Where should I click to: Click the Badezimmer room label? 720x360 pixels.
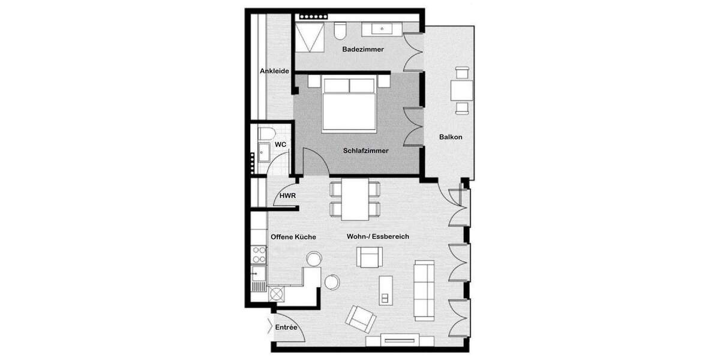coord(363,49)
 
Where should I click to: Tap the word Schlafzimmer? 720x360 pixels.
coord(366,151)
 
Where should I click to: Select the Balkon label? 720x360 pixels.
coord(451,137)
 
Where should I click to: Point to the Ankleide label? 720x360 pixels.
coord(275,71)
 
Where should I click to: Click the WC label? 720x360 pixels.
coord(280,145)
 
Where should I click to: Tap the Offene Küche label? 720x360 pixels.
coord(293,237)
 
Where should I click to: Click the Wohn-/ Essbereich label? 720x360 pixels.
coord(378,237)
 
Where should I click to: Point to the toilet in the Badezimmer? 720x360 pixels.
coord(340,30)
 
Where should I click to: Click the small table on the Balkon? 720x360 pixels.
coord(462,91)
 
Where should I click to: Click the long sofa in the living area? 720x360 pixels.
coord(425,289)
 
